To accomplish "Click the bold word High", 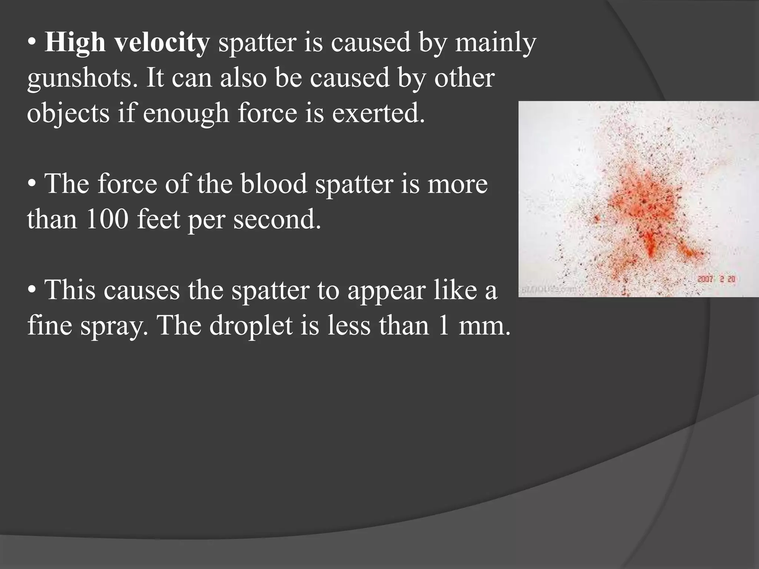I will click(75, 43).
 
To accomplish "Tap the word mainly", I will click(495, 43).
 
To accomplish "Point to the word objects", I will click(68, 113).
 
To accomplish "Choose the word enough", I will click(186, 113).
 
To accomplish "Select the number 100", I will click(107, 219).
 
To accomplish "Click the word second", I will click(276, 219).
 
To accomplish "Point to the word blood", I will click(274, 184).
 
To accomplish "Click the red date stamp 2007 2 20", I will click(716, 279).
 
